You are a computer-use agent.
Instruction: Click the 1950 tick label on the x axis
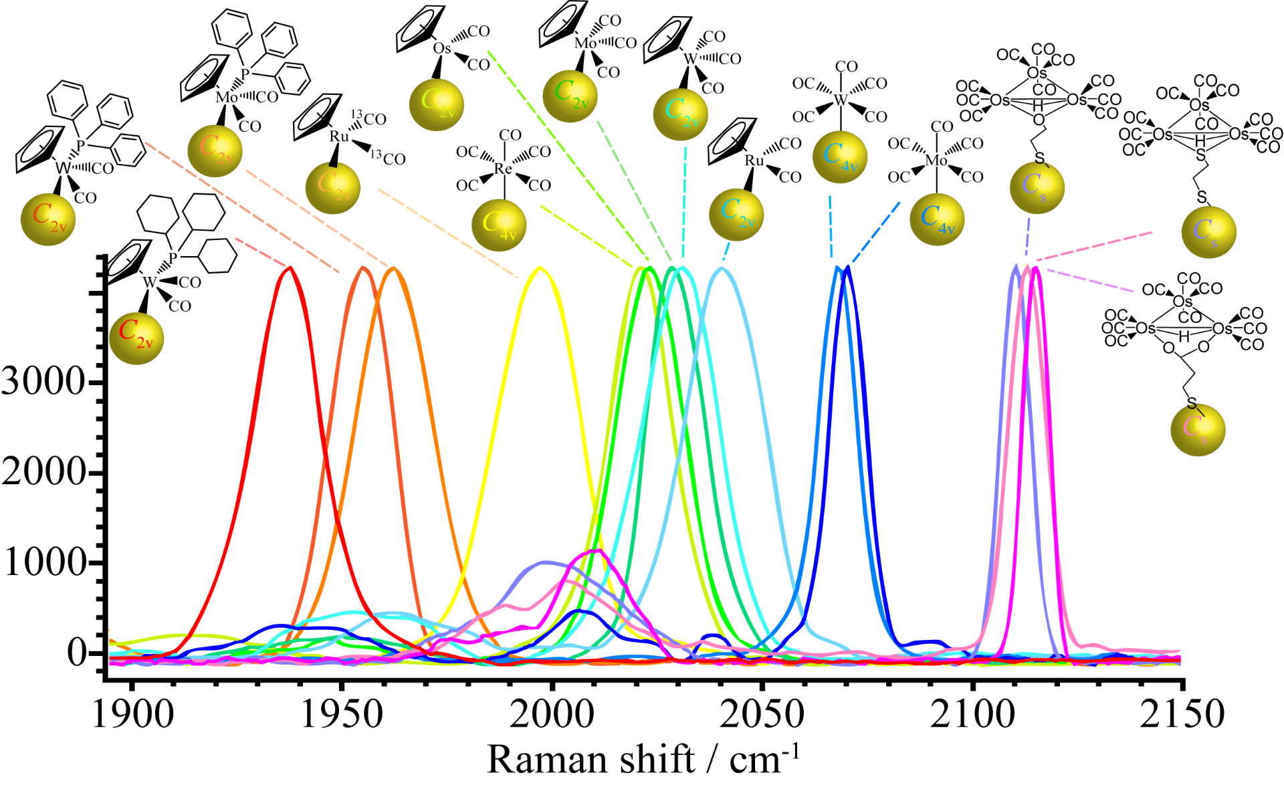342,713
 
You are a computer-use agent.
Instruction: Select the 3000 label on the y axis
43,382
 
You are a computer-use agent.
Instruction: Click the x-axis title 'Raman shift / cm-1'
643,760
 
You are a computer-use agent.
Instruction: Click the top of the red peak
290,267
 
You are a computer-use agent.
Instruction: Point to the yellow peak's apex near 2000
539,268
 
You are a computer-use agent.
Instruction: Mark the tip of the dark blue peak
848,267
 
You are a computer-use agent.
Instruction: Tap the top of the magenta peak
1035,269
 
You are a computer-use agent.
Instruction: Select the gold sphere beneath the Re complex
499,224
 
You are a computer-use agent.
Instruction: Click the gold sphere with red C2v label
136,338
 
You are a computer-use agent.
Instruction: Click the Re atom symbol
504,169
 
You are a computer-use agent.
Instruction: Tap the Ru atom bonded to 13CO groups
339,137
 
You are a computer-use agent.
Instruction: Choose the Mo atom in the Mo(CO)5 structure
936,160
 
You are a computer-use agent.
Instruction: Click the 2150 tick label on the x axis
1182,713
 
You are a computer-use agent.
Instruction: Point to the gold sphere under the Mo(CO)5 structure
937,219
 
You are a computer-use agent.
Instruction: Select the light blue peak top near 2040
721,269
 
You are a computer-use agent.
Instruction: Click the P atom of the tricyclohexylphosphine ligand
173,257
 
